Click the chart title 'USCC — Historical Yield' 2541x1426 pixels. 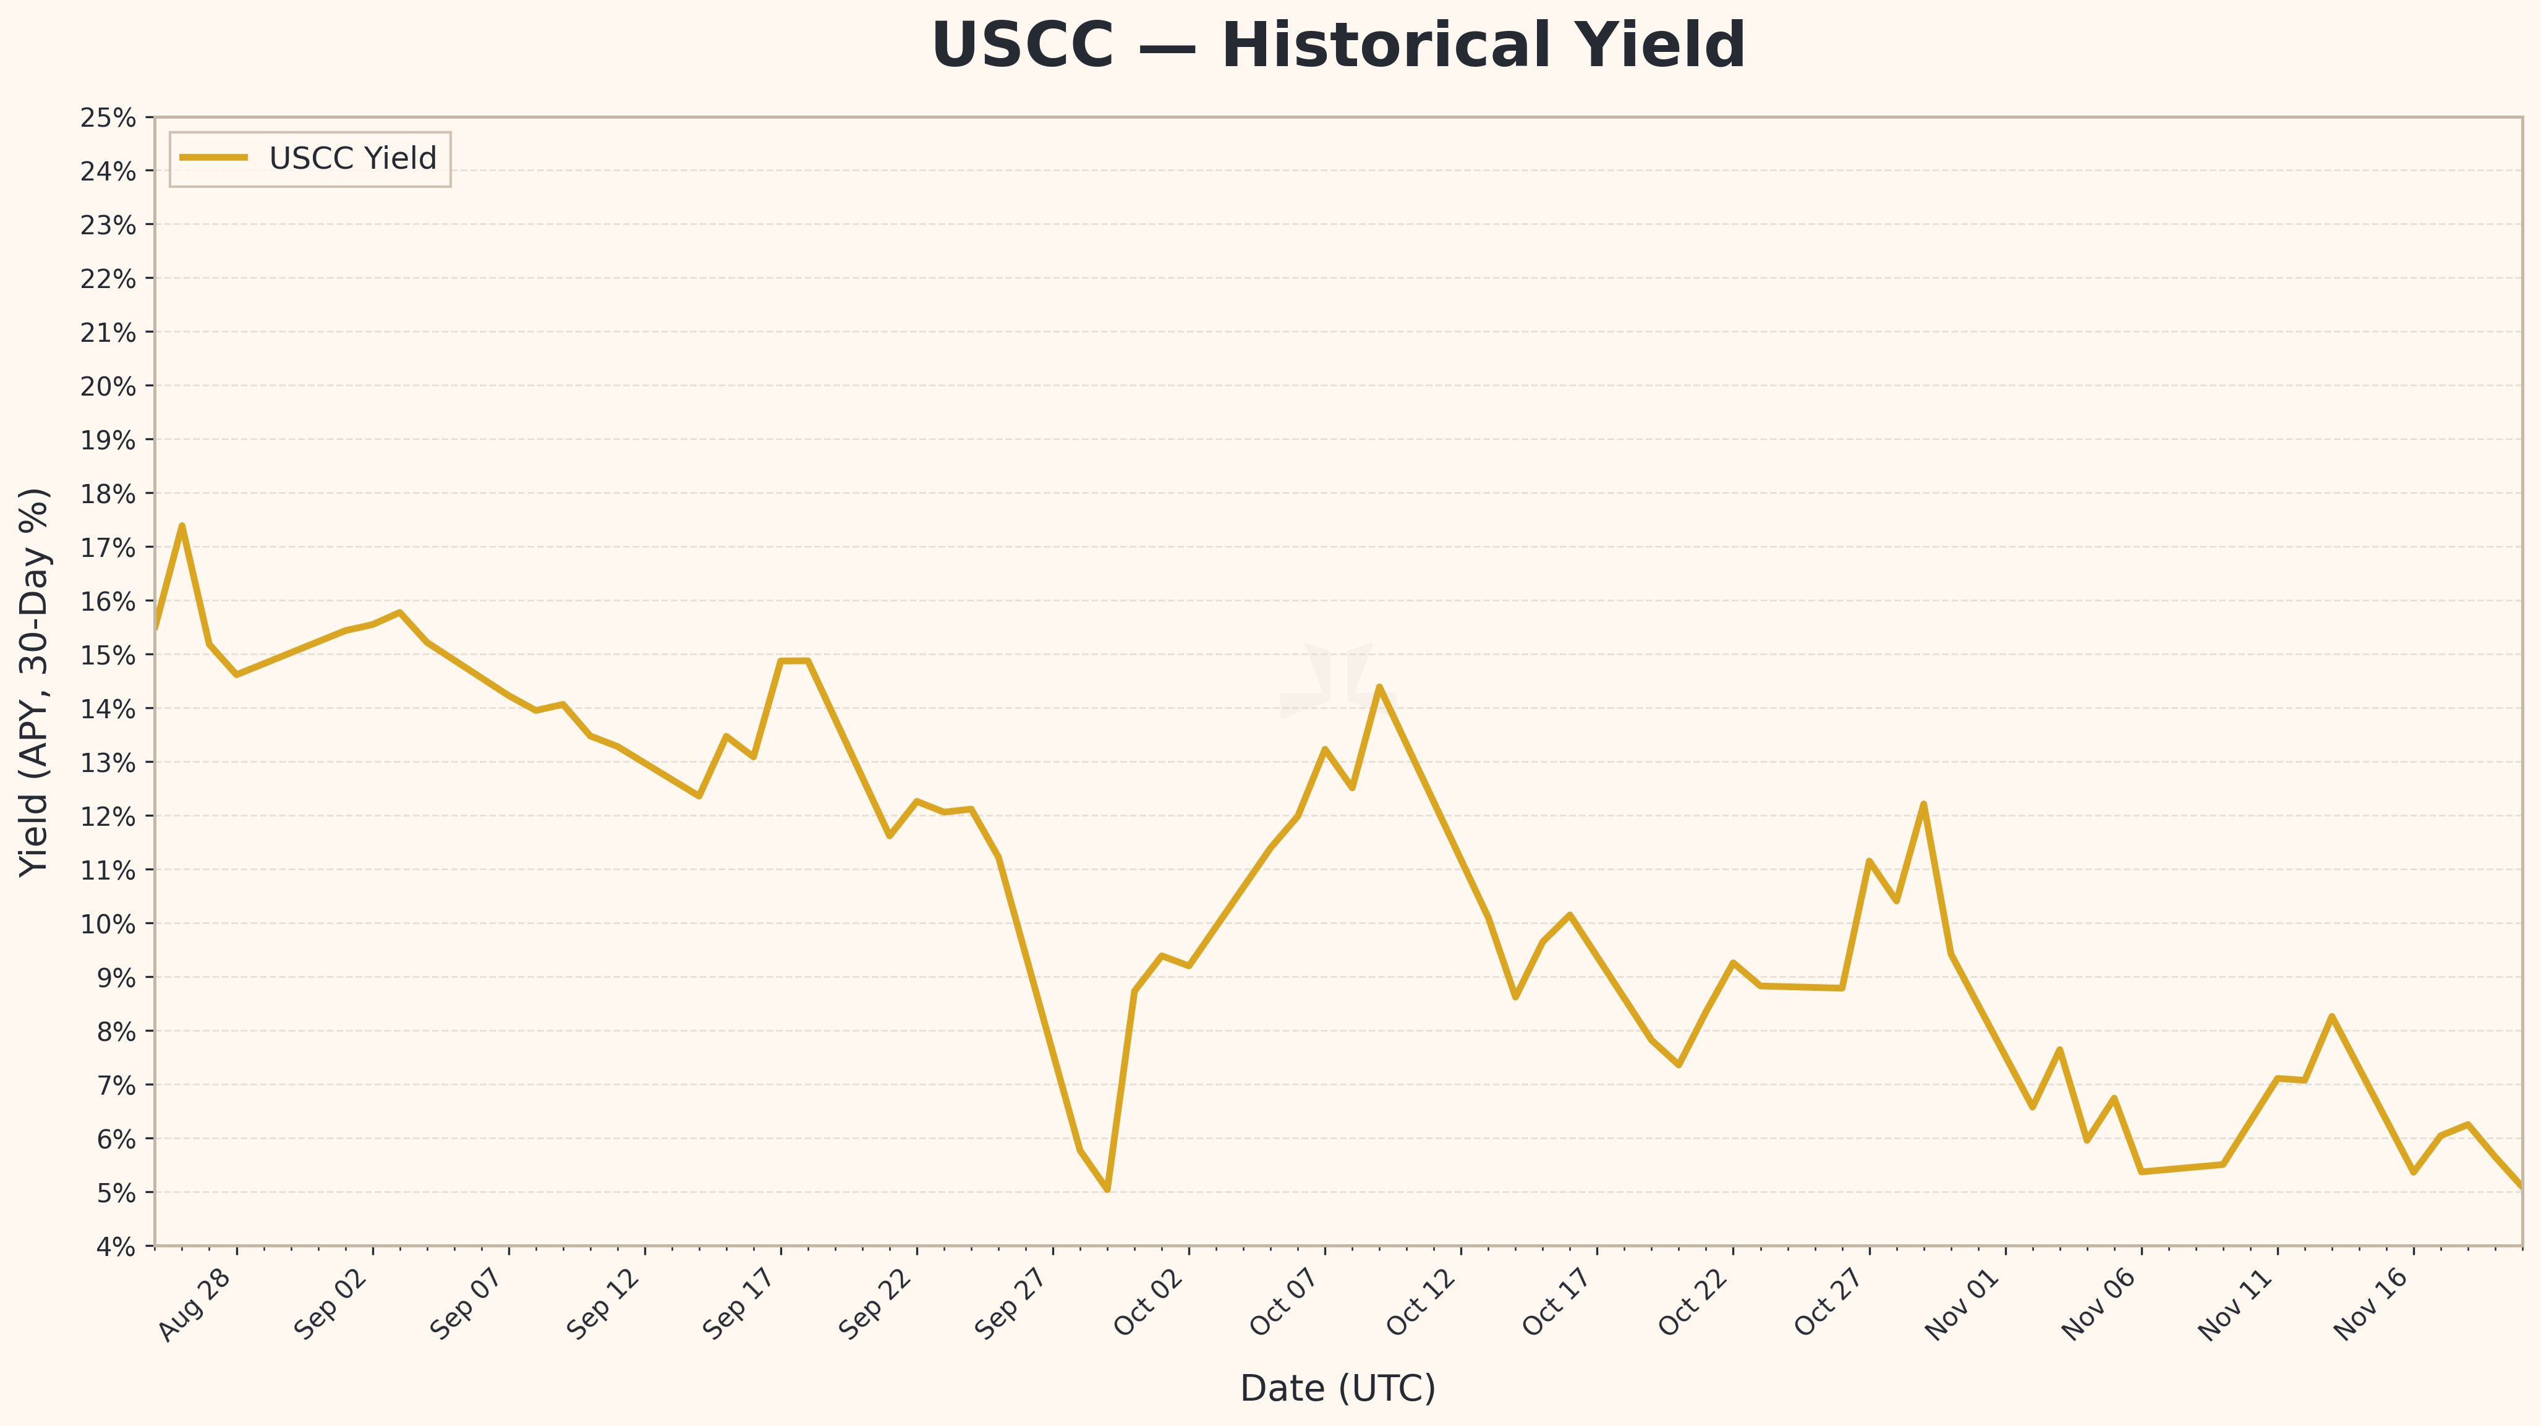tap(1337, 46)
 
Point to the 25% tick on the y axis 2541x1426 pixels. tap(109, 118)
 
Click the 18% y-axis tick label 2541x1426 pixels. tap(109, 494)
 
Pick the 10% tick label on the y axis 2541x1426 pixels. tap(109, 924)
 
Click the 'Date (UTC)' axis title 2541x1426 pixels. tap(1337, 1388)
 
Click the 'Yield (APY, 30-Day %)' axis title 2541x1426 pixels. tap(35, 681)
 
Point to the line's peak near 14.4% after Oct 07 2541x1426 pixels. tap(1379, 686)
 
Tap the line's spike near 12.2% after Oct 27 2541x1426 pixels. tap(1923, 804)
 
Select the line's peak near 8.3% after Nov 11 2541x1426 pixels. tap(2331, 1016)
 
